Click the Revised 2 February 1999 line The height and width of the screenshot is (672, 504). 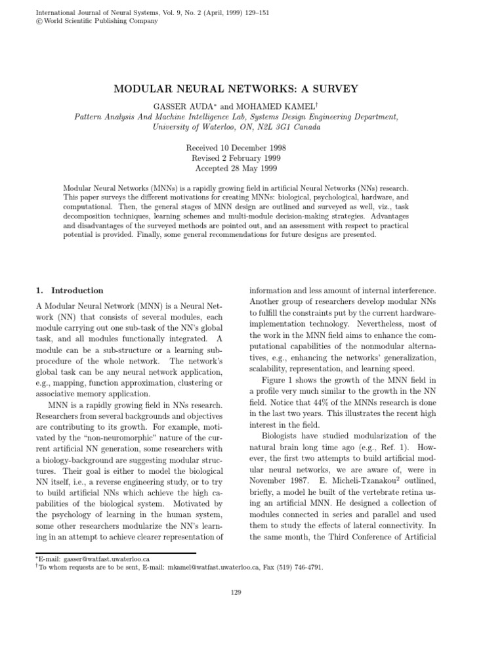click(x=251, y=157)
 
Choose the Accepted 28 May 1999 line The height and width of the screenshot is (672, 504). click(x=251, y=169)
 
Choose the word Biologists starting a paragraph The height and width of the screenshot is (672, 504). click(x=283, y=436)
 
